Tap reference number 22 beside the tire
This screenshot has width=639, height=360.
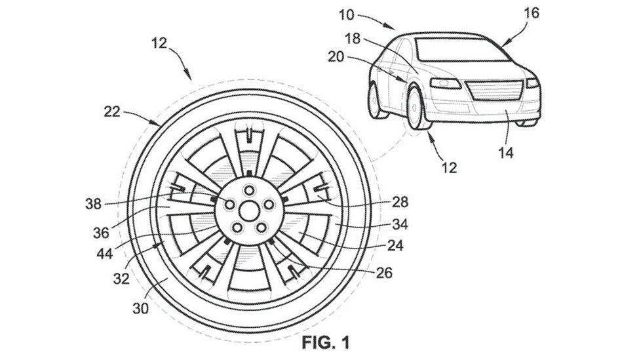click(111, 112)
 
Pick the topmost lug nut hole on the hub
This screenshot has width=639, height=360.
click(249, 190)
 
